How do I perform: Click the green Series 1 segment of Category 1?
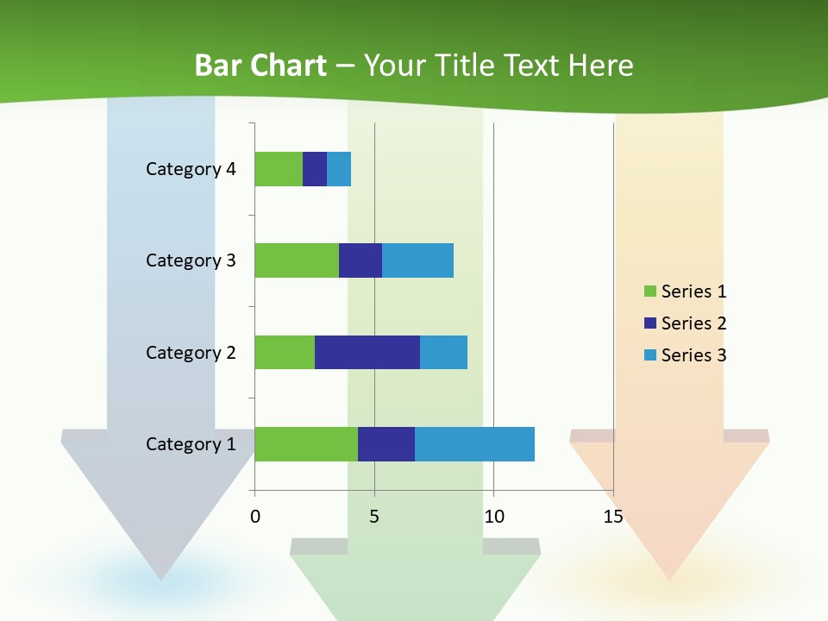(x=306, y=444)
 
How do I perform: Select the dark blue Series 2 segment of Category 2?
(x=367, y=352)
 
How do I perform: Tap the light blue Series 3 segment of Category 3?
(x=417, y=260)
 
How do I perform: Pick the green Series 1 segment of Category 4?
(x=279, y=169)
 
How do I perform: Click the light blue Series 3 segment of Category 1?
(x=474, y=444)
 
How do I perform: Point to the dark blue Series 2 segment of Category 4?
(x=315, y=169)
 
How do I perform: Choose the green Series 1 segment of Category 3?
(x=297, y=260)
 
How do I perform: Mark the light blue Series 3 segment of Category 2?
(x=443, y=352)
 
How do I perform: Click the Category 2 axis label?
(x=191, y=353)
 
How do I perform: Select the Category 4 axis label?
(x=191, y=169)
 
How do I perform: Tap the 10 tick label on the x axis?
(x=493, y=517)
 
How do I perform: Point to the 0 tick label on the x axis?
(x=255, y=517)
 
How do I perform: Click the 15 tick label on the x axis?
(x=613, y=517)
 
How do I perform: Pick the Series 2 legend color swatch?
(x=649, y=323)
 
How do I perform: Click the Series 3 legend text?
(x=693, y=355)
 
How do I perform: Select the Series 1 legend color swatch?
(x=649, y=292)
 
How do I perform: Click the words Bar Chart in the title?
(x=260, y=66)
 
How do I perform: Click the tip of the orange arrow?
(x=669, y=579)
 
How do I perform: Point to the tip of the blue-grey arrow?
(x=161, y=579)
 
